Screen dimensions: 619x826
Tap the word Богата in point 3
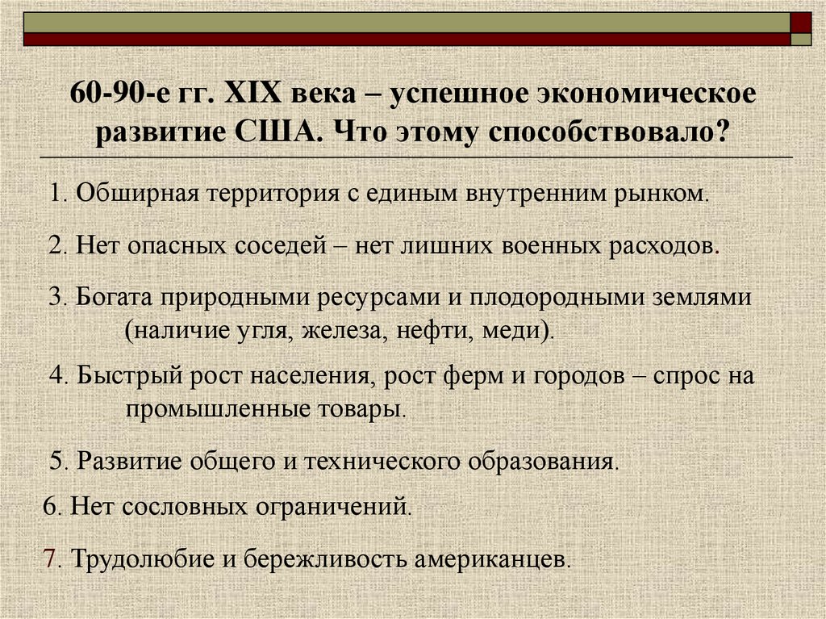(114, 296)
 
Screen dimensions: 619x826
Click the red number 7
(48, 558)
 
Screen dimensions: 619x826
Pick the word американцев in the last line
(490, 558)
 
